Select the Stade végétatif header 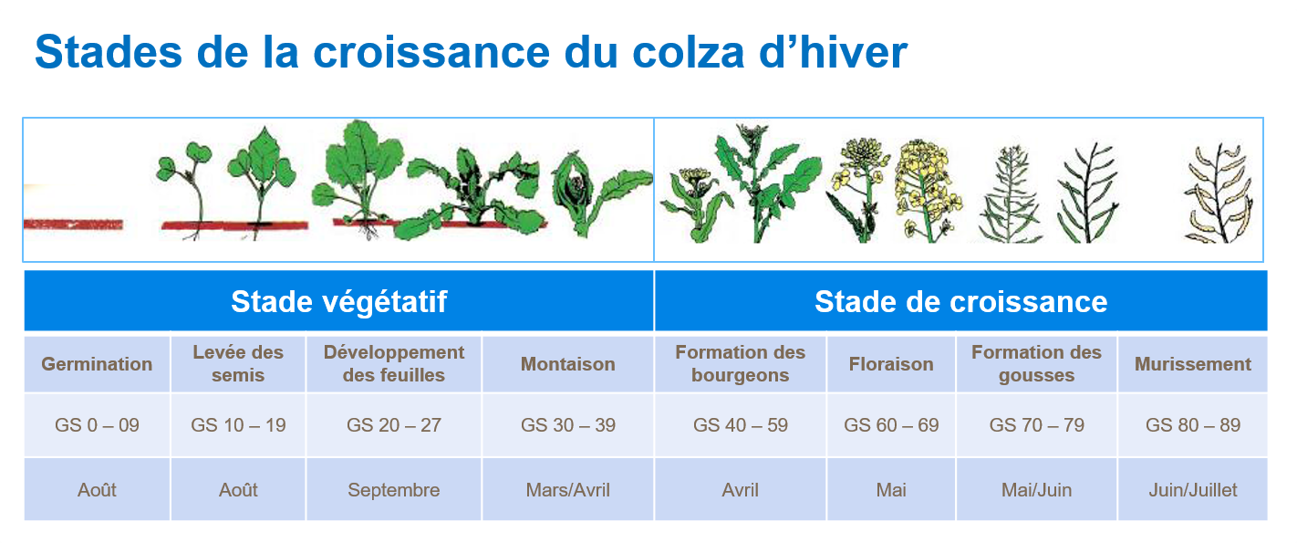tap(338, 301)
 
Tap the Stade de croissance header tap(960, 301)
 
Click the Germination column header tap(97, 364)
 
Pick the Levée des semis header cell tap(238, 363)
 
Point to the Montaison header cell tap(567, 364)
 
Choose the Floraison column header tap(891, 364)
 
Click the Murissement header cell tap(1192, 364)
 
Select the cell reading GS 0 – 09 tap(97, 425)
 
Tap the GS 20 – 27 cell tap(394, 425)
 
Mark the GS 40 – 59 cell tap(741, 425)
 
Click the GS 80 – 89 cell tap(1192, 425)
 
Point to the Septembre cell tap(394, 490)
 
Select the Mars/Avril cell tap(567, 490)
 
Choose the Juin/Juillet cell tap(1192, 490)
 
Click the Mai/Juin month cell tap(1036, 490)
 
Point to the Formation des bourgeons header tap(741, 363)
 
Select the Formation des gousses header tap(1036, 363)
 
